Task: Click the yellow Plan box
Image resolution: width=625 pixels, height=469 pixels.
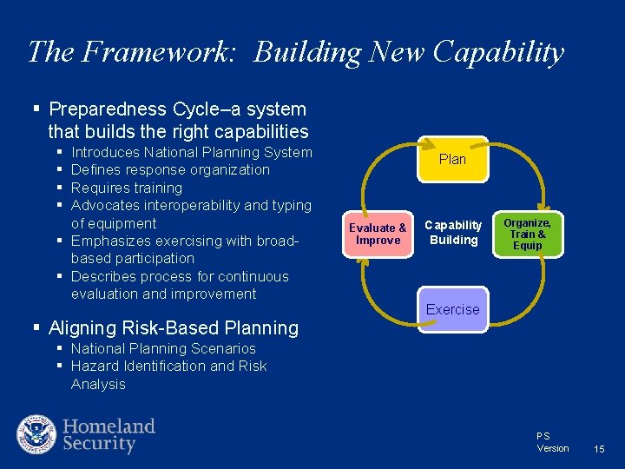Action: [x=452, y=160]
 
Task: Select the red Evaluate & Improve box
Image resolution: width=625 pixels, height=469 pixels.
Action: [x=378, y=234]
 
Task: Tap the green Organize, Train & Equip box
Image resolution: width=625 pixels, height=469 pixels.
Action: [x=527, y=234]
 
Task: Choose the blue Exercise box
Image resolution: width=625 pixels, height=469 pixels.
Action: [x=452, y=310]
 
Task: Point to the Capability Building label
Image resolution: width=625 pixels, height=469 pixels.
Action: [x=452, y=233]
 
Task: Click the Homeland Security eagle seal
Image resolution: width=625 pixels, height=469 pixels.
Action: [x=36, y=434]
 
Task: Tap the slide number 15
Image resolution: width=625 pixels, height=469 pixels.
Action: [x=598, y=449]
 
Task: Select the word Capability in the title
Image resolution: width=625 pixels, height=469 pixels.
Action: [x=498, y=52]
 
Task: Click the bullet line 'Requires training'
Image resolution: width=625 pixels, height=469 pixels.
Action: [x=127, y=188]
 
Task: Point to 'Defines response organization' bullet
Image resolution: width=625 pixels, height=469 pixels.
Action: [x=170, y=170]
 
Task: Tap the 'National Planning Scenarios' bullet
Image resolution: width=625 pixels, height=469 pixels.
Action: [x=163, y=348]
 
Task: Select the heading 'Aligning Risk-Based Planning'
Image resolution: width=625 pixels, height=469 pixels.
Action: [x=174, y=328]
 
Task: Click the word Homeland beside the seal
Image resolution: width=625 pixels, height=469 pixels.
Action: [x=109, y=426]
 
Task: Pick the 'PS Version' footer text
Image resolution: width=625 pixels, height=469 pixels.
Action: [x=552, y=442]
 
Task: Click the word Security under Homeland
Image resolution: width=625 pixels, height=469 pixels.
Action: [x=99, y=444]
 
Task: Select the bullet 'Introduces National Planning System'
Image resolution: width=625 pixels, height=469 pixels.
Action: [x=191, y=153]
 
